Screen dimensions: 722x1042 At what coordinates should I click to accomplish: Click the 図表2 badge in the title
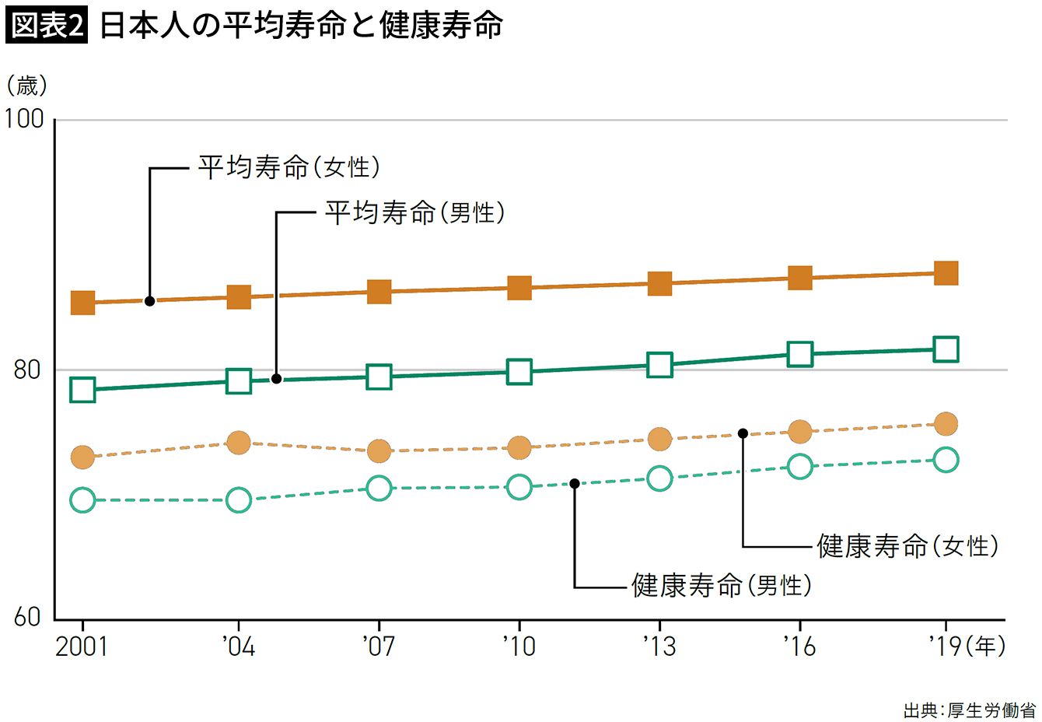(x=47, y=26)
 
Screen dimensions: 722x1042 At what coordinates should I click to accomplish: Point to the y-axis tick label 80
(x=26, y=370)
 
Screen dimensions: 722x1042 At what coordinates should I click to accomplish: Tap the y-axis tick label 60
(x=26, y=618)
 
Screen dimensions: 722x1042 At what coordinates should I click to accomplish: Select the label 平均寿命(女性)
(x=288, y=167)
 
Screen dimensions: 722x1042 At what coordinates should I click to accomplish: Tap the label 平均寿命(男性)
(x=414, y=212)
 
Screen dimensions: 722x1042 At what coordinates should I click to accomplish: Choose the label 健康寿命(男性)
(x=722, y=584)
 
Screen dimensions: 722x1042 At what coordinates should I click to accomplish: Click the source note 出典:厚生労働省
(x=969, y=710)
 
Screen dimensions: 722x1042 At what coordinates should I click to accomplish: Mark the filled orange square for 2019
(x=946, y=273)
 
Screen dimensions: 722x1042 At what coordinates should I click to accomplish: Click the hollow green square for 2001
(x=82, y=389)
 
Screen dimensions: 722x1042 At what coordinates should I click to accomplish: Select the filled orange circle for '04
(x=239, y=443)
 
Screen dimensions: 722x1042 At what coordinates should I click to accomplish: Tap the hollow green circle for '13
(x=659, y=478)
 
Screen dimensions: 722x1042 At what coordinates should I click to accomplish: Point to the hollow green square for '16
(x=799, y=354)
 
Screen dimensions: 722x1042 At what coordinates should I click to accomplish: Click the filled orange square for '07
(x=379, y=292)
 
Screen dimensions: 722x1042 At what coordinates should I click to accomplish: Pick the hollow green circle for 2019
(x=946, y=460)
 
